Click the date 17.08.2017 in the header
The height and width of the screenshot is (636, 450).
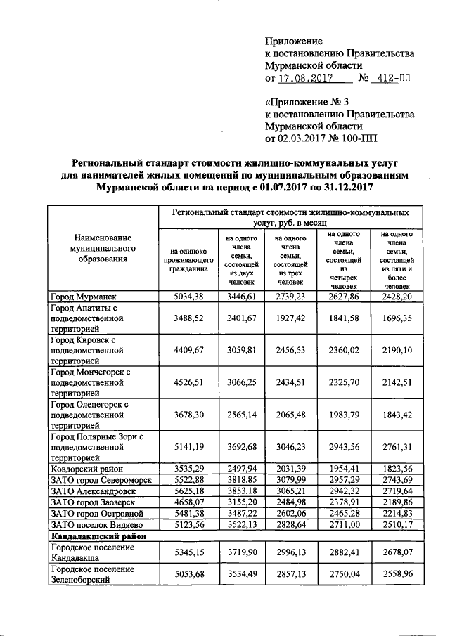pyautogui.click(x=304, y=79)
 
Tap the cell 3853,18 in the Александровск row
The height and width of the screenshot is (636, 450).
pyautogui.click(x=240, y=491)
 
